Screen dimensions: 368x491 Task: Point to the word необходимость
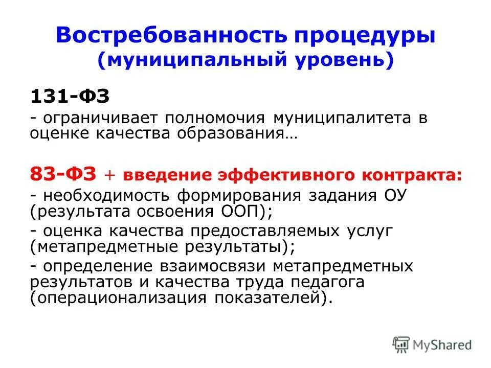point(108,196)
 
